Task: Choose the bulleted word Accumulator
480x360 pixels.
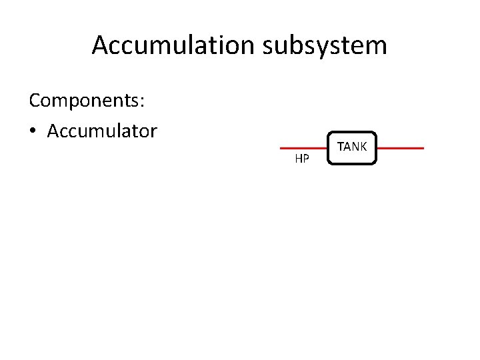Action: pyautogui.click(x=102, y=131)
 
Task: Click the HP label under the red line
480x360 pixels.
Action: pyautogui.click(x=302, y=159)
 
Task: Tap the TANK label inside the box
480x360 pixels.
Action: pyautogui.click(x=351, y=146)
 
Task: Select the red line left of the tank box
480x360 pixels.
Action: pyautogui.click(x=303, y=148)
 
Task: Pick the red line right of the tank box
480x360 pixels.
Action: pyautogui.click(x=400, y=148)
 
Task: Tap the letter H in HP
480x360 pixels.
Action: pyautogui.click(x=298, y=159)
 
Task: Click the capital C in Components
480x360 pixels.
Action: pyautogui.click(x=35, y=101)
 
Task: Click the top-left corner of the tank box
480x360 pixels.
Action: pyautogui.click(x=329, y=133)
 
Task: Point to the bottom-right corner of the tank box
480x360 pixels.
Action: pyautogui.click(x=376, y=163)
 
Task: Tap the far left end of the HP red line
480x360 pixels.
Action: pyautogui.click(x=281, y=148)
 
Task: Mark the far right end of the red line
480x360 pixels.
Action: pyautogui.click(x=423, y=148)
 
